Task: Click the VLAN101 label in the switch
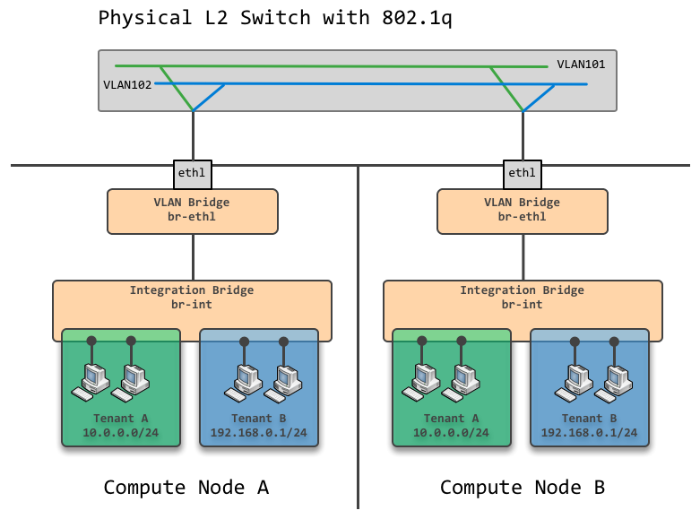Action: click(x=581, y=65)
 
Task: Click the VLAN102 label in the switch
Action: click(x=127, y=84)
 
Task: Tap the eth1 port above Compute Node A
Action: click(x=192, y=172)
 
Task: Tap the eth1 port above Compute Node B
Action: click(x=522, y=172)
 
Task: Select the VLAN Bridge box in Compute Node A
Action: click(x=192, y=210)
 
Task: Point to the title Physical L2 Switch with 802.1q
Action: click(x=275, y=19)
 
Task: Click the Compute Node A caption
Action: click(x=186, y=488)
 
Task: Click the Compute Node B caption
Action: click(x=522, y=488)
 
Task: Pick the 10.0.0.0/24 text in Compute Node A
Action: click(x=120, y=433)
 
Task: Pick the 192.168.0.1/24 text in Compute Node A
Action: click(x=258, y=433)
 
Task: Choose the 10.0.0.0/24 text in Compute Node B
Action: click(x=451, y=433)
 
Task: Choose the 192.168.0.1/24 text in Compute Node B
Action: click(x=589, y=433)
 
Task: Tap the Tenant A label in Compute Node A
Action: click(x=120, y=419)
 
